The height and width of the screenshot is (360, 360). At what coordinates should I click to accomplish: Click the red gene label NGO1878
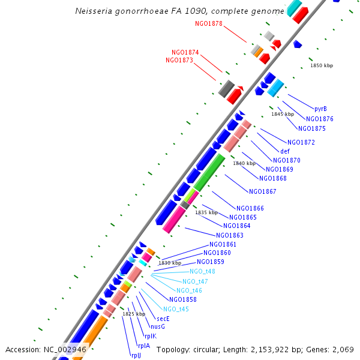click(x=209, y=24)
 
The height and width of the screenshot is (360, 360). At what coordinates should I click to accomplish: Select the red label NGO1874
click(x=185, y=52)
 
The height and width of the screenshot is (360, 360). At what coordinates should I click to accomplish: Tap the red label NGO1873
click(x=179, y=60)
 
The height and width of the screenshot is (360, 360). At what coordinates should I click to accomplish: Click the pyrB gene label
click(x=321, y=109)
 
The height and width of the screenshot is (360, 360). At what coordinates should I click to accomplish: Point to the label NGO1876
click(x=319, y=119)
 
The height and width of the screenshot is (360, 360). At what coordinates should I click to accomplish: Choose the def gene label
click(x=285, y=151)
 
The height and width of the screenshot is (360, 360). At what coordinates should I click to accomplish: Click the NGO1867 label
click(x=262, y=192)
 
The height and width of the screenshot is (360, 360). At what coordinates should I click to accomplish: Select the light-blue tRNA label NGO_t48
click(x=202, y=271)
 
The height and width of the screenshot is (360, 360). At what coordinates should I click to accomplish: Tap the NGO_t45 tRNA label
click(x=176, y=309)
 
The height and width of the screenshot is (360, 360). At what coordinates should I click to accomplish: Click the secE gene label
click(x=163, y=319)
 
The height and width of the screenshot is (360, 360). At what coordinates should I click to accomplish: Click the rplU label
click(x=136, y=355)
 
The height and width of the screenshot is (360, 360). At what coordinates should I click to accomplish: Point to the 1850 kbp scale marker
click(x=321, y=65)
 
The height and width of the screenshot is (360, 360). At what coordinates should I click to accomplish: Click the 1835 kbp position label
click(x=205, y=212)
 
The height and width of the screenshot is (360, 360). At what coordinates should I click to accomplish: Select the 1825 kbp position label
click(x=134, y=314)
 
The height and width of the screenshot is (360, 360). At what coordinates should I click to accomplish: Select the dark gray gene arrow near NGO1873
click(x=226, y=89)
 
